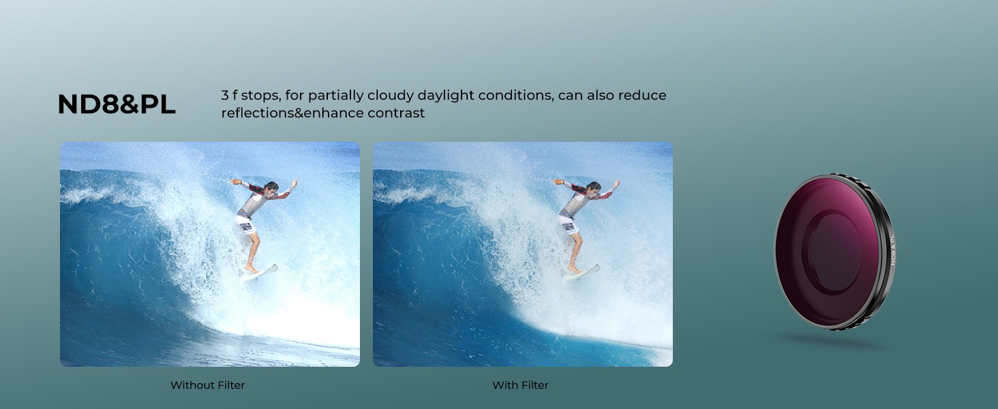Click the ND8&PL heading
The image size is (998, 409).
click(x=117, y=104)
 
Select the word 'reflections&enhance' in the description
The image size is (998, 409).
click(x=292, y=112)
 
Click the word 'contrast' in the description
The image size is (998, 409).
click(x=396, y=113)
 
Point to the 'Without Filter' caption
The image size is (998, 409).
click(x=208, y=385)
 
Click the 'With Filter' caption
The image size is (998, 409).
click(x=520, y=385)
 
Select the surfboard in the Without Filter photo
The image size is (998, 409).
click(x=259, y=272)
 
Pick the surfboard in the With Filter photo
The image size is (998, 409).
click(x=582, y=272)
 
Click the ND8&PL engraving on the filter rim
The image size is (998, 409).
click(x=892, y=249)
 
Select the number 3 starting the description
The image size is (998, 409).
click(x=225, y=95)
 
